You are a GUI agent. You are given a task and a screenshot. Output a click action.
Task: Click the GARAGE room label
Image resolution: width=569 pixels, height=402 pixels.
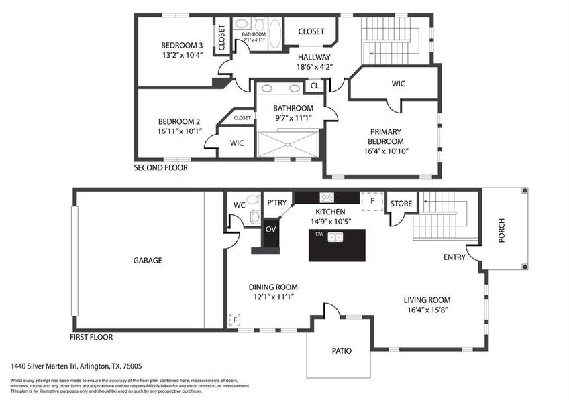pyautogui.click(x=147, y=260)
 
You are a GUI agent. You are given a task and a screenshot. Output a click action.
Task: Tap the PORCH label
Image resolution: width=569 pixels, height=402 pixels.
pyautogui.click(x=502, y=230)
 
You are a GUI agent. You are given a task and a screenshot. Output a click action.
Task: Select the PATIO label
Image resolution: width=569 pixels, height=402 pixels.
pyautogui.click(x=341, y=350)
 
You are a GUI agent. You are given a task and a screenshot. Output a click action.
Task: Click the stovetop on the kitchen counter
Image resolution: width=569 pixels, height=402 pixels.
pyautogui.click(x=327, y=197)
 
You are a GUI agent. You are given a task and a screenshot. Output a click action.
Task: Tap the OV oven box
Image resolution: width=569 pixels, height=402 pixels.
pyautogui.click(x=270, y=229)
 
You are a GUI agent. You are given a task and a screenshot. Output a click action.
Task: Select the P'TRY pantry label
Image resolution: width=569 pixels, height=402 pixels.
pyautogui.click(x=277, y=202)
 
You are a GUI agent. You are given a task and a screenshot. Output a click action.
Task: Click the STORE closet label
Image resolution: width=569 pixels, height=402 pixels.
pyautogui.click(x=401, y=202)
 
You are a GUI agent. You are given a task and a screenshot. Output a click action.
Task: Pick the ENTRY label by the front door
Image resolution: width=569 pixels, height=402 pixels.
pyautogui.click(x=454, y=257)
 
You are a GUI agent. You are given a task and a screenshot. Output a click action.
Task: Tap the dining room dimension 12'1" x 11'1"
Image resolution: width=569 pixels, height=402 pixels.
pyautogui.click(x=272, y=296)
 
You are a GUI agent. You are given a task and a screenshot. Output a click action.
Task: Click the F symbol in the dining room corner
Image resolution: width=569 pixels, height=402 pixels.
pyautogui.click(x=235, y=320)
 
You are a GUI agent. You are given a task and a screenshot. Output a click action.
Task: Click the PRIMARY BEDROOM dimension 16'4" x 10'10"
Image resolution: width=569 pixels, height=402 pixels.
pyautogui.click(x=385, y=151)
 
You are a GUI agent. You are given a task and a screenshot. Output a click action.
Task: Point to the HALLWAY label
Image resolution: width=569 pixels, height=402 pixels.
pyautogui.click(x=314, y=57)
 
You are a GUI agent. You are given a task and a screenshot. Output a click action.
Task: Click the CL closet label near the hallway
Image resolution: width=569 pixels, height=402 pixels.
pyautogui.click(x=314, y=86)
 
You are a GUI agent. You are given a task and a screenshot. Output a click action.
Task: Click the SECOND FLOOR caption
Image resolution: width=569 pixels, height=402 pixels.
pyautogui.click(x=160, y=167)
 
